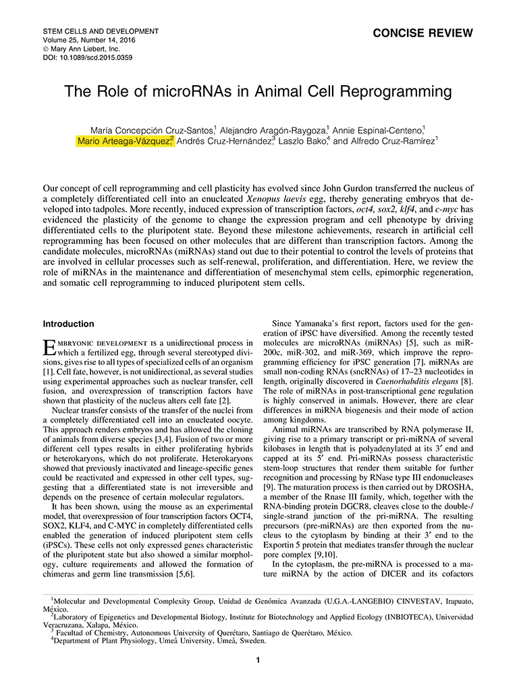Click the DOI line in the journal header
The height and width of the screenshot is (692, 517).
pyautogui.click(x=88, y=57)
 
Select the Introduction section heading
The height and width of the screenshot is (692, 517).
pyautogui.click(x=68, y=324)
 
